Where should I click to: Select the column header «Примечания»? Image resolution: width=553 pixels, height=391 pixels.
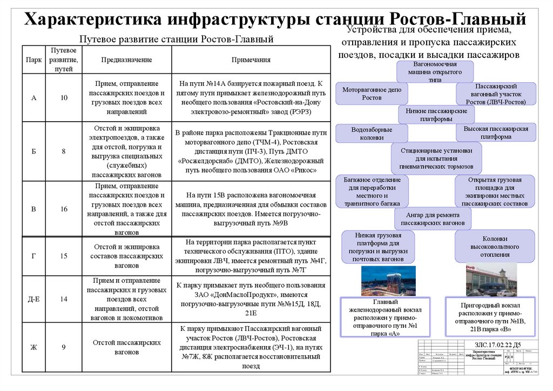tap(251, 60)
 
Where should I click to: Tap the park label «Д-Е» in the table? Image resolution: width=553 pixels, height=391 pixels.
tap(33, 299)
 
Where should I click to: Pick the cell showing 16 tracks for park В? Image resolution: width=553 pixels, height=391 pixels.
tap(64, 209)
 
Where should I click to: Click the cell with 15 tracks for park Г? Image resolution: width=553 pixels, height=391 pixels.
tap(64, 256)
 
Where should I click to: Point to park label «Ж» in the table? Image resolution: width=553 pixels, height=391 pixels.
tap(33, 347)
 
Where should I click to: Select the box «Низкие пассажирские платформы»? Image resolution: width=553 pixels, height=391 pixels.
tap(436, 115)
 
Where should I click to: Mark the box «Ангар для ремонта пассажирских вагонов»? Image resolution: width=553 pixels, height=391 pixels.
tap(433, 218)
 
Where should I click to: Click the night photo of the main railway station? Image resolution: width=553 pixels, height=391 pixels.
tap(388, 281)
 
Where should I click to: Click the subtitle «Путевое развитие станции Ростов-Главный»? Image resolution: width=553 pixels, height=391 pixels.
tap(176, 39)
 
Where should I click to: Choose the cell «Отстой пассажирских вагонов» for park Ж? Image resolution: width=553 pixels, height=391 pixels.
tap(126, 347)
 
